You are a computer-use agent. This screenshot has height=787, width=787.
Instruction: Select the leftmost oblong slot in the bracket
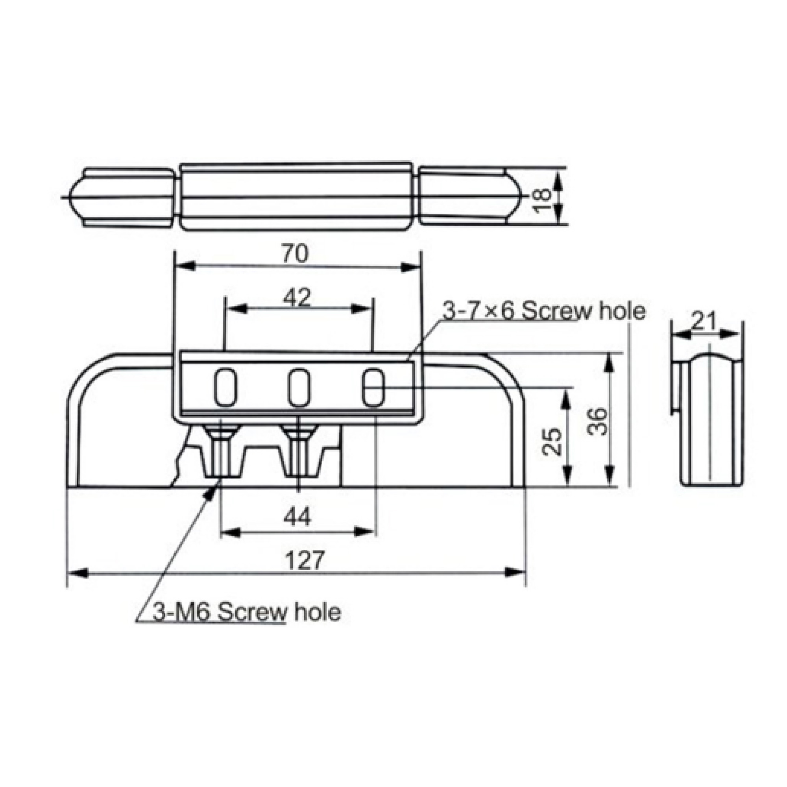(225, 387)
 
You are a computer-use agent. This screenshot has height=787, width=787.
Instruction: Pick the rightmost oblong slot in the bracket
(373, 387)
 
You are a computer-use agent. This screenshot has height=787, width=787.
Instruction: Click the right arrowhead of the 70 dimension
(410, 267)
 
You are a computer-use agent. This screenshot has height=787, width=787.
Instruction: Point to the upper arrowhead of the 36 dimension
(609, 362)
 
